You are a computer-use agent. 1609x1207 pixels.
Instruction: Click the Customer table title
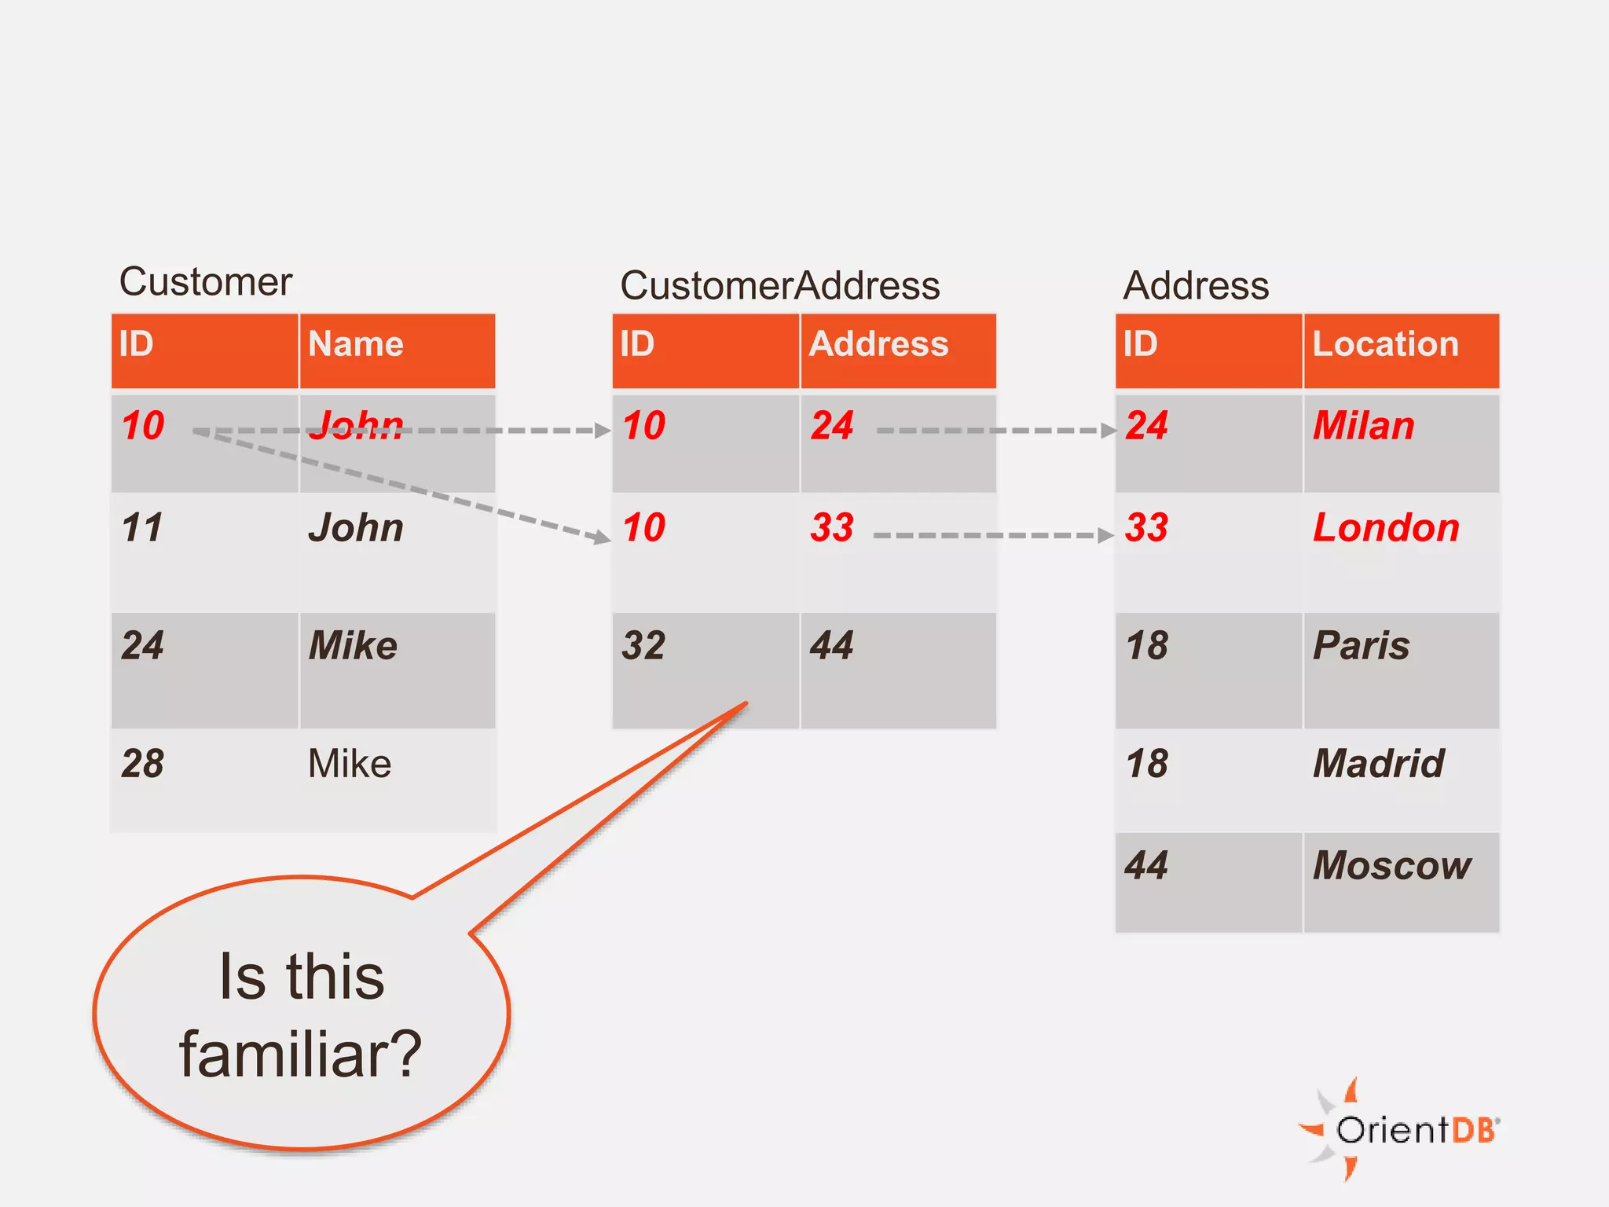pyautogui.click(x=205, y=281)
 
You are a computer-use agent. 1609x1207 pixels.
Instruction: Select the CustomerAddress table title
pyautogui.click(x=779, y=285)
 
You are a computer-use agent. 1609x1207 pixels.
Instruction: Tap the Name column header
pyautogui.click(x=356, y=344)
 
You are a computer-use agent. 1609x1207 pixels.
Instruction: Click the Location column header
pyautogui.click(x=1385, y=344)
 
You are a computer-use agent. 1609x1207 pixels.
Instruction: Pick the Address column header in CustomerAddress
pyautogui.click(x=878, y=344)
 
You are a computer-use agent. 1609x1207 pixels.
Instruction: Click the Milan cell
pyautogui.click(x=1363, y=426)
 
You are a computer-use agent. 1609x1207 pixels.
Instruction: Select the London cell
pyautogui.click(x=1386, y=528)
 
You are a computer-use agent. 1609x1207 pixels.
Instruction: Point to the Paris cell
pyautogui.click(x=1362, y=646)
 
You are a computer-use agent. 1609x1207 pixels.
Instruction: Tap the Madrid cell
pyautogui.click(x=1379, y=764)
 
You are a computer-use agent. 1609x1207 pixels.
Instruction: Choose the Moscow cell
pyautogui.click(x=1392, y=866)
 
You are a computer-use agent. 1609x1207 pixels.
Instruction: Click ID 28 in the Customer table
pyautogui.click(x=143, y=764)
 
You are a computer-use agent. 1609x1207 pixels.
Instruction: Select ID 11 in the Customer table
pyautogui.click(x=143, y=528)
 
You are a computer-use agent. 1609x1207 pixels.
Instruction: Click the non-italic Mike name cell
pyautogui.click(x=350, y=764)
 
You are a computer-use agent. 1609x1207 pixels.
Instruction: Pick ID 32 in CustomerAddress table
pyautogui.click(x=643, y=646)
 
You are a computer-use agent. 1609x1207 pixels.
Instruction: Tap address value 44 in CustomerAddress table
pyautogui.click(x=831, y=646)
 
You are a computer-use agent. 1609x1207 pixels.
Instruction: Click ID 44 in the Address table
pyautogui.click(x=1146, y=866)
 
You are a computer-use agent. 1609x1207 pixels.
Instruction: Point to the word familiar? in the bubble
pyautogui.click(x=301, y=1055)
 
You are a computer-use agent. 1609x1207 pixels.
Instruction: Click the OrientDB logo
pyautogui.click(x=1402, y=1130)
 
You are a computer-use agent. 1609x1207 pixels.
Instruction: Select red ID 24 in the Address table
pyautogui.click(x=1146, y=426)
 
